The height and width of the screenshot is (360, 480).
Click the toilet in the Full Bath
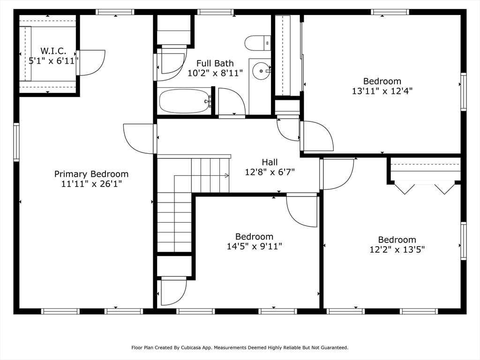(258, 43)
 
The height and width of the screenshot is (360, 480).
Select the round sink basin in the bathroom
(261, 71)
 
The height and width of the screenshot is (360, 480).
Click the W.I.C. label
(53, 51)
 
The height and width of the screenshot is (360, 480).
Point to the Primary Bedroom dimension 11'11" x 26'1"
(91, 184)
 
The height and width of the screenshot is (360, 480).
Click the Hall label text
(270, 162)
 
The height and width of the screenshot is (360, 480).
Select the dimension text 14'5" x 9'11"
(255, 247)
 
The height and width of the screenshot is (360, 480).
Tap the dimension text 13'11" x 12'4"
(382, 91)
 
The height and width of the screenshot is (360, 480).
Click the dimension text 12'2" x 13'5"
(397, 249)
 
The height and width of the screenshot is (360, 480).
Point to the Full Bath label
(215, 63)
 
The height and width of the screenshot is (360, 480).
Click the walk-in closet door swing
(91, 63)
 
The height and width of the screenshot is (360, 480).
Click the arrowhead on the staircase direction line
(227, 175)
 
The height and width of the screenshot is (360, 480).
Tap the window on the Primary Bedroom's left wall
(16, 142)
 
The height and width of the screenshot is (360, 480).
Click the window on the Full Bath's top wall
(215, 12)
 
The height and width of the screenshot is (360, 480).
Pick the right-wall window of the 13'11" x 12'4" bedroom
(464, 91)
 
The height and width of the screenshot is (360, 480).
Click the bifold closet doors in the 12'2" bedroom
(424, 188)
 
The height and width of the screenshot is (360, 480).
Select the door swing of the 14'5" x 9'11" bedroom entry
(302, 211)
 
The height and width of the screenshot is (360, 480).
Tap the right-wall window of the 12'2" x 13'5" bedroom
(464, 241)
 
